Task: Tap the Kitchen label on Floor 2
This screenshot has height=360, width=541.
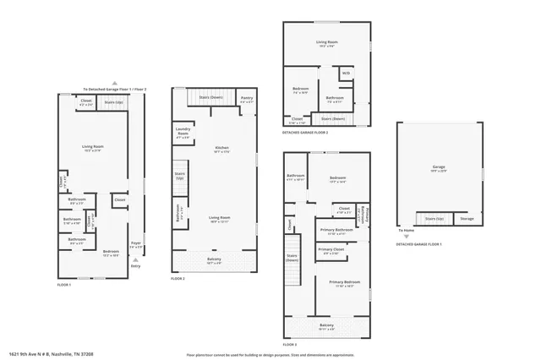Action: [x=221, y=148]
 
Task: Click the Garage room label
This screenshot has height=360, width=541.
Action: [x=438, y=166]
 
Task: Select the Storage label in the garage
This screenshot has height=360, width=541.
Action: [x=467, y=218]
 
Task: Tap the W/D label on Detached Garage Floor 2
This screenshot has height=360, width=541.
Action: [x=345, y=74]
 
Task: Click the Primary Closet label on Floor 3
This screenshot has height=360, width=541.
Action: [x=331, y=250]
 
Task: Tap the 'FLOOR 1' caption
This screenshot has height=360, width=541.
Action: [x=64, y=285]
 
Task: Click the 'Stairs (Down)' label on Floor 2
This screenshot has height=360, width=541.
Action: [x=210, y=97]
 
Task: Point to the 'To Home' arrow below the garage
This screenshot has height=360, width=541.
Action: [x=406, y=231]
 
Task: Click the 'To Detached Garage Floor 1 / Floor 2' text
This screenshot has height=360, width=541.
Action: [x=114, y=89]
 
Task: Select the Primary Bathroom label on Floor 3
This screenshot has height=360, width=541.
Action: [x=336, y=230]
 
